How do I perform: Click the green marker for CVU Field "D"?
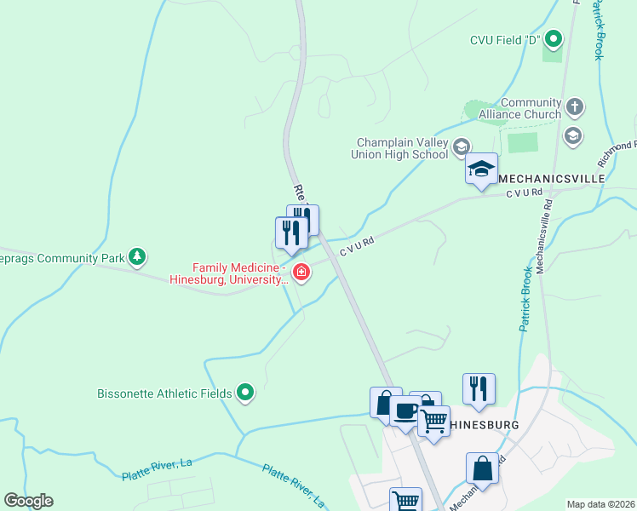(554, 39)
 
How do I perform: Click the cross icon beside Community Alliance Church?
(575, 107)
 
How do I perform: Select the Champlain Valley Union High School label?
(399, 148)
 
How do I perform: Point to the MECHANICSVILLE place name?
(551, 179)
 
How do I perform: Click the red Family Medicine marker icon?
(301, 273)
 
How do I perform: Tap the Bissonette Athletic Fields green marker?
(246, 393)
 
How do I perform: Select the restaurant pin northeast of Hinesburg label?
(479, 388)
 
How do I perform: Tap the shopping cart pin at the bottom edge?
(405, 500)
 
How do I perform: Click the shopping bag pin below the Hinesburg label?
(482, 468)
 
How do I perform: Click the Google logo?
(28, 501)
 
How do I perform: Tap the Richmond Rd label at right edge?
(617, 151)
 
